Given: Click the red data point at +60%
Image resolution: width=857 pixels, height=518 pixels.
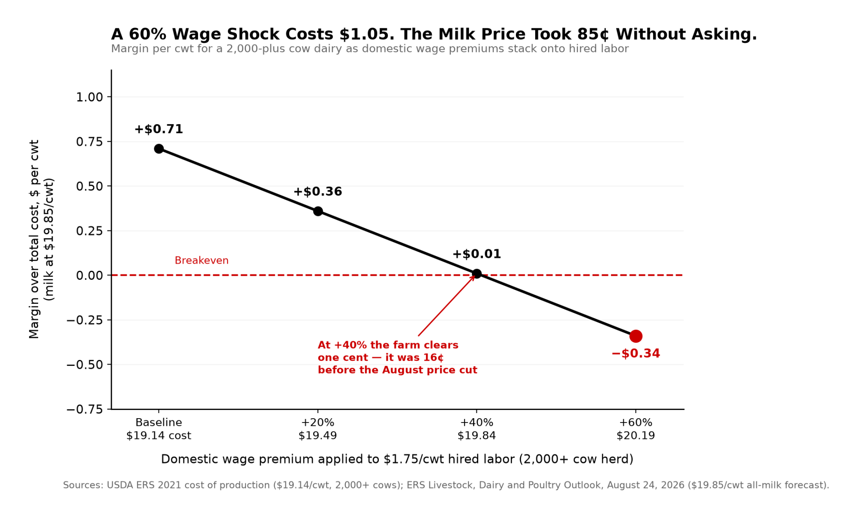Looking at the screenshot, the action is point(635,336).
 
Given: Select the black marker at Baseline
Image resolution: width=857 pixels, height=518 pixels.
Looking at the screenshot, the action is point(159,149).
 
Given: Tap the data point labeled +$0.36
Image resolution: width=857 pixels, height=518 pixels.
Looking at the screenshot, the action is point(318,211).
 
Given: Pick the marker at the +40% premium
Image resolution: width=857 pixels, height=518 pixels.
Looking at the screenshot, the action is point(476,273).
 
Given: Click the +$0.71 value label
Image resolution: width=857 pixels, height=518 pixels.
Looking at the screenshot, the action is point(159,129).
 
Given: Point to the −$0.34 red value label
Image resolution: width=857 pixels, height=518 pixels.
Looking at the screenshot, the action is point(635,353).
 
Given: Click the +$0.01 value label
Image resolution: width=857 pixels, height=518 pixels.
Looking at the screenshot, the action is point(476,254).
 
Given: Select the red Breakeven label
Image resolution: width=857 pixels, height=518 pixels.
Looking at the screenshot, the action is point(201,260).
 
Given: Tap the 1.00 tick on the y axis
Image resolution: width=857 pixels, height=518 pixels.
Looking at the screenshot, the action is point(90,97).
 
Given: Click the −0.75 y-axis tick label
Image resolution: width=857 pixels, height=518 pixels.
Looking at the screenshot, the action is point(85,409).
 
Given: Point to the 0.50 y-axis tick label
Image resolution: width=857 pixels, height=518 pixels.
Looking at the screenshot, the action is point(90,186).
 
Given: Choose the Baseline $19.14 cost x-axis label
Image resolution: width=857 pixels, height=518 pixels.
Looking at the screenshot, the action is point(159,429).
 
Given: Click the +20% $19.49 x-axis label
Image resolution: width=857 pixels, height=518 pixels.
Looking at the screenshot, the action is point(318,429).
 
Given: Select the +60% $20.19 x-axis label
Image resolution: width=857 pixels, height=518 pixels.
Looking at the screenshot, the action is point(635,429).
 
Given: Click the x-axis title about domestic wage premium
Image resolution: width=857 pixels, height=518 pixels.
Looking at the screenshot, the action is point(397,459).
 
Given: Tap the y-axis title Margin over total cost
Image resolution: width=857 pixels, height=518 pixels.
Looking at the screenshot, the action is point(42,239).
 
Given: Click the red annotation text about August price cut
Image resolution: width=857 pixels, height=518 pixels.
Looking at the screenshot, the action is point(397,357).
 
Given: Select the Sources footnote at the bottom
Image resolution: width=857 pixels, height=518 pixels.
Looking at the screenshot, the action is point(446,485).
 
